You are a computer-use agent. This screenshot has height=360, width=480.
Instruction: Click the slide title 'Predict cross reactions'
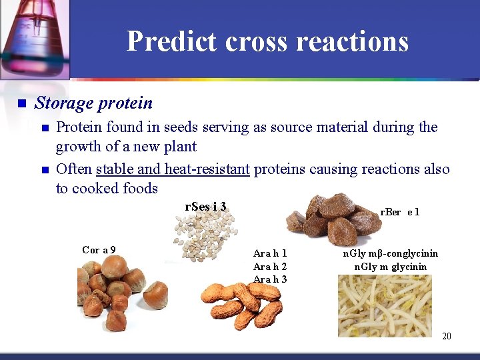267,41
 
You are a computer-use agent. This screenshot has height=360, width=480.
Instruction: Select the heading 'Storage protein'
93,103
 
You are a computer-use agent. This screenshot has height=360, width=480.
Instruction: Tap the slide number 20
446,336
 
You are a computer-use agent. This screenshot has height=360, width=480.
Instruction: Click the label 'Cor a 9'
99,250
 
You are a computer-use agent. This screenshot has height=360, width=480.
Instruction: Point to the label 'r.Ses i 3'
205,206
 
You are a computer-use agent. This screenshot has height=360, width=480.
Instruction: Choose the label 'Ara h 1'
270,253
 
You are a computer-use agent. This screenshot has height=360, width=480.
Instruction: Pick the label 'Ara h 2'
270,266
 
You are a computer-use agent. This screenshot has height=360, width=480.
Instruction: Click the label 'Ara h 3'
270,279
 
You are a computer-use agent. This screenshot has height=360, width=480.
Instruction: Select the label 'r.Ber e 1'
399,212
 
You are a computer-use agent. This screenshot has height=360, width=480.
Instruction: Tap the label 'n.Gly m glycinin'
390,267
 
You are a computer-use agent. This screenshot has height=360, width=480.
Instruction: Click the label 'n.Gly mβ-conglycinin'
390,253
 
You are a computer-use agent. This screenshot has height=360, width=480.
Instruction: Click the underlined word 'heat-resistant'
207,169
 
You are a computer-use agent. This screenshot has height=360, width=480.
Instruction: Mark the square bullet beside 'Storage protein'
21,104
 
